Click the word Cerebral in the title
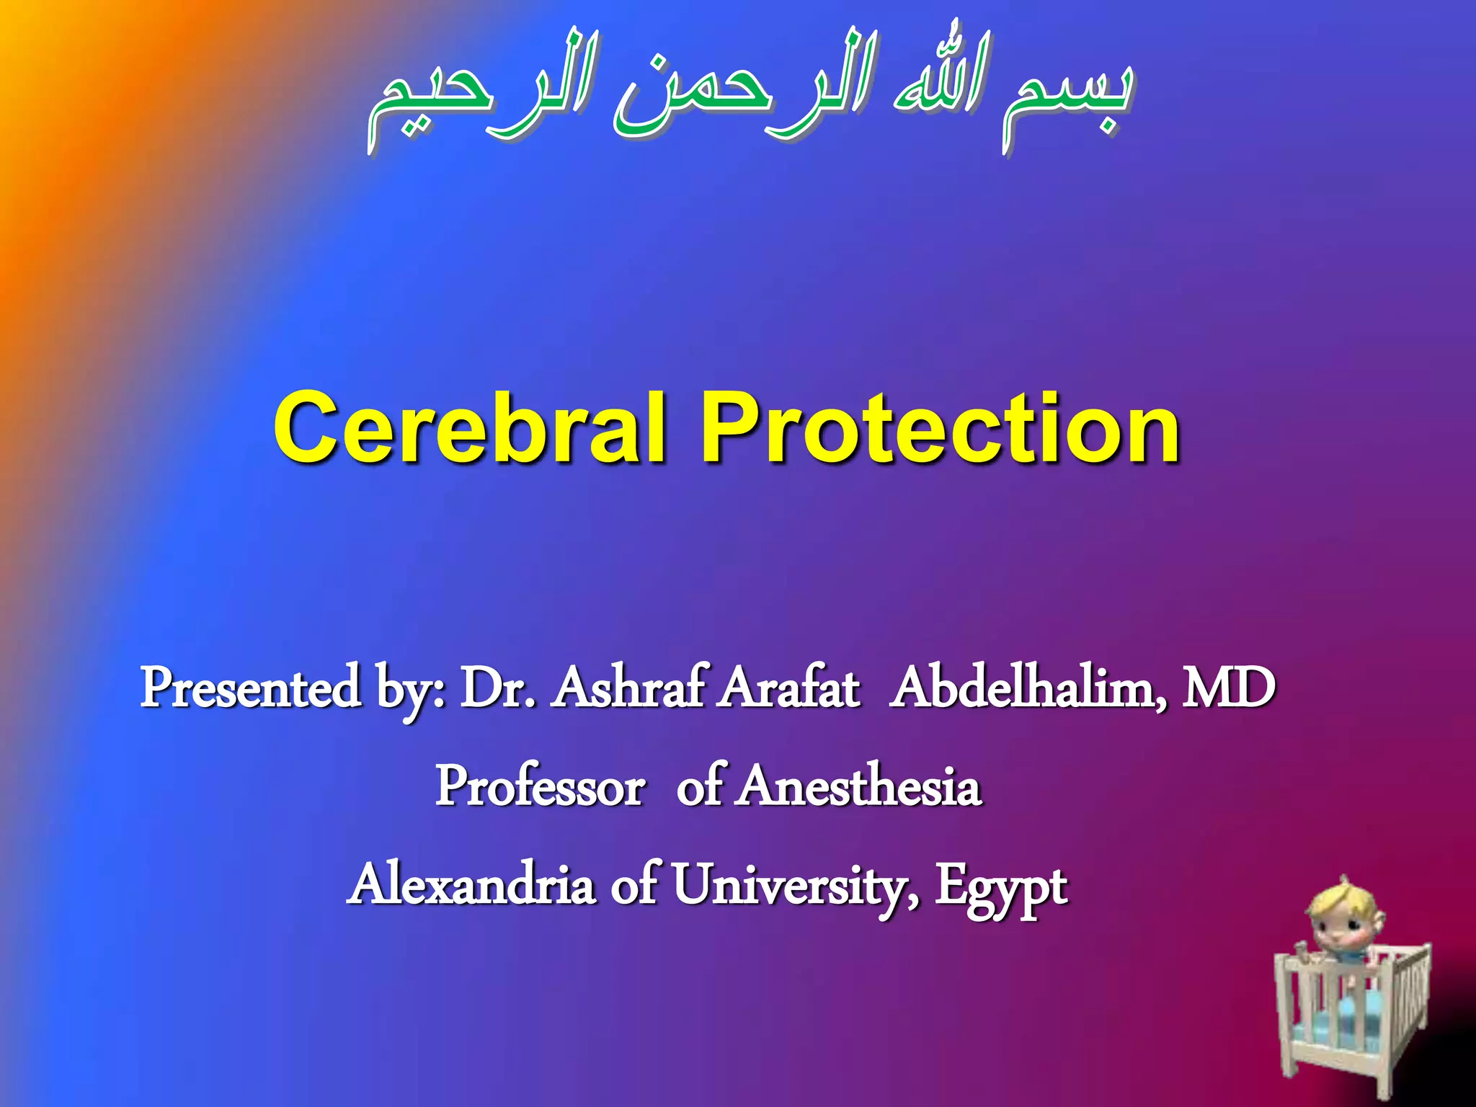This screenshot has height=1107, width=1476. click(x=468, y=428)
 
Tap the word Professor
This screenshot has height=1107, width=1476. click(x=540, y=786)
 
